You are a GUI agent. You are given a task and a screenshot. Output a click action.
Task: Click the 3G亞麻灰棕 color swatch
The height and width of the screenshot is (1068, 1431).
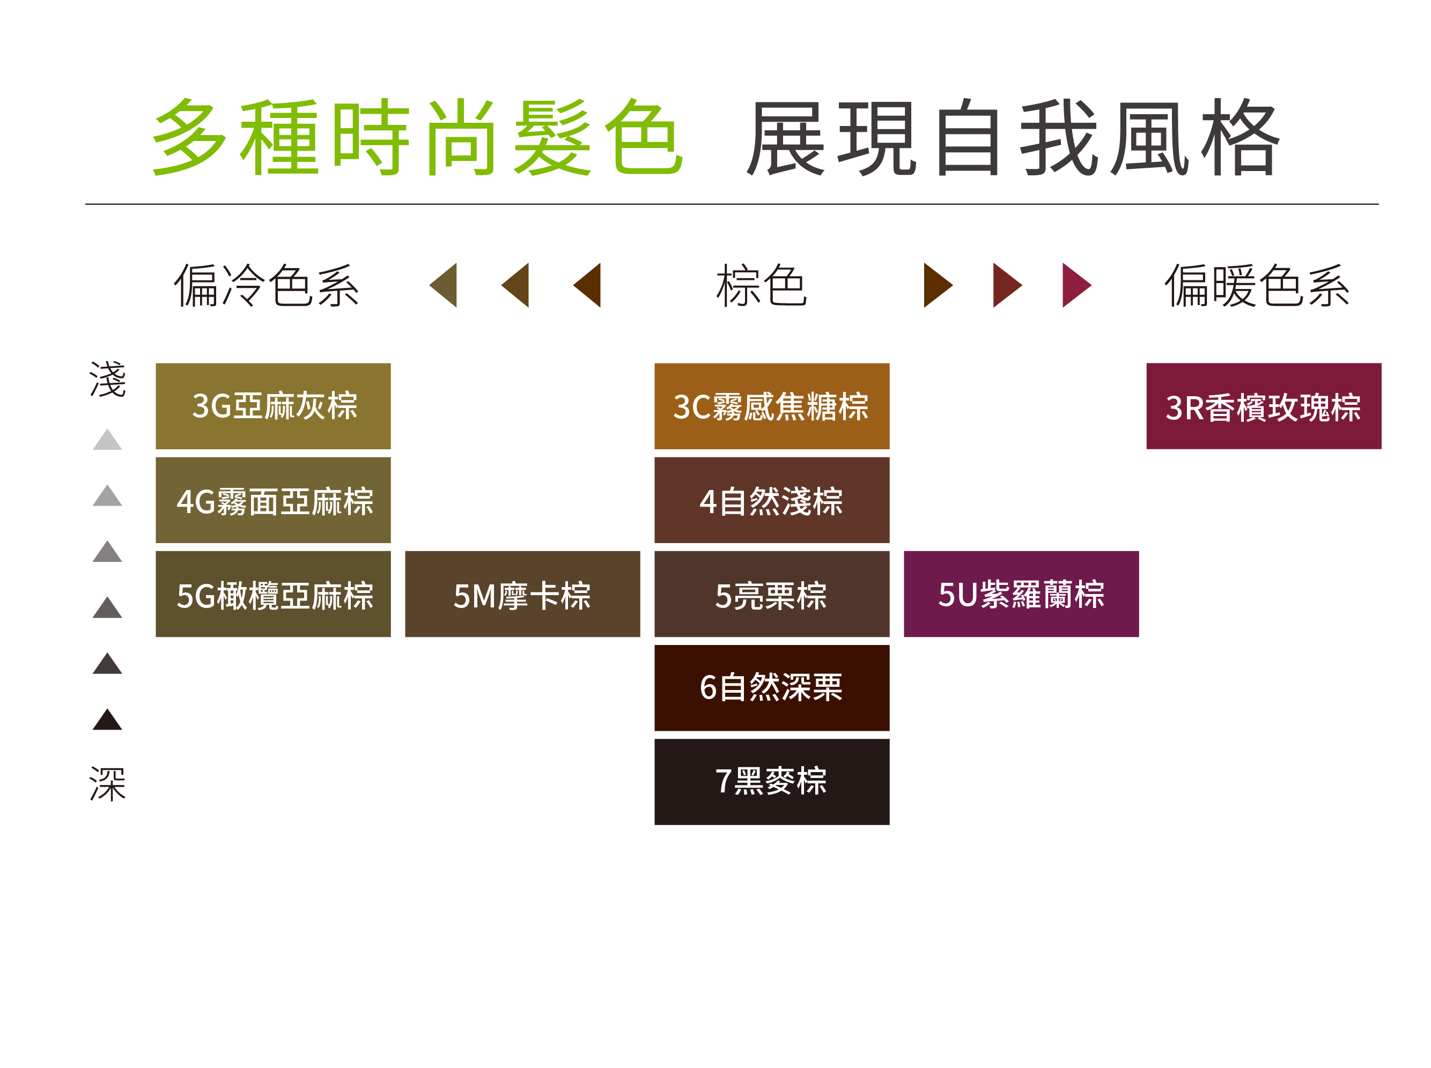click(272, 405)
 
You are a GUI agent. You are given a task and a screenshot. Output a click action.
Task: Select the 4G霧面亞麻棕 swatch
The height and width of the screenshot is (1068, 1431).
click(272, 499)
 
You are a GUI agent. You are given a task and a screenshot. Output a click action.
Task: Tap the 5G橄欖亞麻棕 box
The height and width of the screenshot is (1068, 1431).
click(272, 594)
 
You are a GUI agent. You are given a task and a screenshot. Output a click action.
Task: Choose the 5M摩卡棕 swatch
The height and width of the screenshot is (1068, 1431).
click(522, 594)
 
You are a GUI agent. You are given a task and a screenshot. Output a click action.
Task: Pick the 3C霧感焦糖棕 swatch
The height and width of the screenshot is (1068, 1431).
click(771, 405)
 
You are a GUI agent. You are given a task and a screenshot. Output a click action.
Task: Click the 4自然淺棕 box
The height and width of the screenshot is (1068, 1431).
click(771, 499)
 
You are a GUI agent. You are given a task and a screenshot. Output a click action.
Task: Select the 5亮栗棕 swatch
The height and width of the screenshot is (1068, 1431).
click(771, 594)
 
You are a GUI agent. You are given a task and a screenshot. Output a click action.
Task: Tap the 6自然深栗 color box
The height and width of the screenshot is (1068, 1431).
click(771, 687)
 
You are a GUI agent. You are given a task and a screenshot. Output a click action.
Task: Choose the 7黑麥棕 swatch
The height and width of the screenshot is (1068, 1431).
click(771, 781)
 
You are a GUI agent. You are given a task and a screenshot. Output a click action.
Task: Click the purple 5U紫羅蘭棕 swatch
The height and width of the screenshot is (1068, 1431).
click(1020, 594)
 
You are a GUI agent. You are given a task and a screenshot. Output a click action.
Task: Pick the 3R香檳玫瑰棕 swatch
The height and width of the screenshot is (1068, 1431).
click(1263, 405)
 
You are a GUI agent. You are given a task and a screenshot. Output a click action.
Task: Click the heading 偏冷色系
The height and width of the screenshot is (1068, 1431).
click(266, 285)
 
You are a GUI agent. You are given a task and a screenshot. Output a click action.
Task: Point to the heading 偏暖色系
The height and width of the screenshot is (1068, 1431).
click(1256, 285)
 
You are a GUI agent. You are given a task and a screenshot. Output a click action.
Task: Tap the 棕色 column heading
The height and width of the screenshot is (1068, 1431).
click(761, 285)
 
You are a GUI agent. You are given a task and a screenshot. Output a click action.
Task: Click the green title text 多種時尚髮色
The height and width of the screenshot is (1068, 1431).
click(417, 137)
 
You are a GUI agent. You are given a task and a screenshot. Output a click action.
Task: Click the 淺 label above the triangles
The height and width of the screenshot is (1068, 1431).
click(107, 379)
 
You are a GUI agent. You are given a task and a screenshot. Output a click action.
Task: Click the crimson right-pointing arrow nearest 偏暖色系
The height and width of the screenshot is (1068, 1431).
click(1075, 285)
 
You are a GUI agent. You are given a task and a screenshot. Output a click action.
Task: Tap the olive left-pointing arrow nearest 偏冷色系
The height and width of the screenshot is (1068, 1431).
click(445, 285)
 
